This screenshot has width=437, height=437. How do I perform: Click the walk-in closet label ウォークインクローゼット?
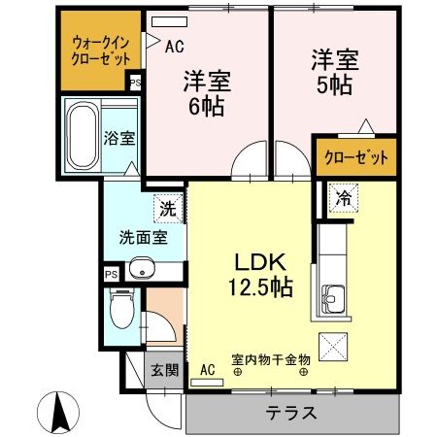[100, 50]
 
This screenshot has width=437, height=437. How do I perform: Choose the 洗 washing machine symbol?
[168, 207]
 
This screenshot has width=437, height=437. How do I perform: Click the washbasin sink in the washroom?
[141, 269]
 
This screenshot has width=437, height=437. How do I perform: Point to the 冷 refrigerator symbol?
[344, 198]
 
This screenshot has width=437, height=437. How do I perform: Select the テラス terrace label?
[291, 413]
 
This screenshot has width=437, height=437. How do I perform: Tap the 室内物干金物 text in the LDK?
[270, 360]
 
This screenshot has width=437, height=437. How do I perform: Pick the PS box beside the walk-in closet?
[134, 84]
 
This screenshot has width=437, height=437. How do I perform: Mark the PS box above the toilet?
[111, 276]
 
